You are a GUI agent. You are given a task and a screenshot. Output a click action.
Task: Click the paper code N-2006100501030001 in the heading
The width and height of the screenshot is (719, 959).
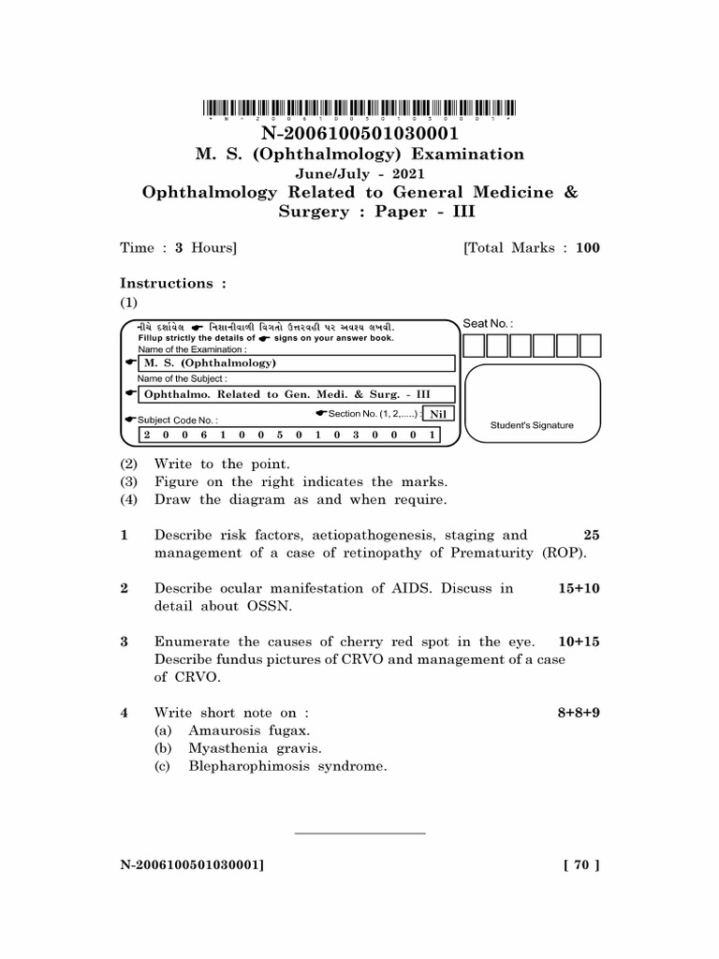tap(359, 134)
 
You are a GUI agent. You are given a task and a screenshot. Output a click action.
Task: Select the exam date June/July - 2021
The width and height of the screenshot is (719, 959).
tap(359, 173)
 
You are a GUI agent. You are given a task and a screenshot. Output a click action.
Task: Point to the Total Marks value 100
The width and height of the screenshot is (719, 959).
tap(588, 248)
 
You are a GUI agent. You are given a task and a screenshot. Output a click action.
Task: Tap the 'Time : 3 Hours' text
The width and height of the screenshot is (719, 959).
tap(178, 248)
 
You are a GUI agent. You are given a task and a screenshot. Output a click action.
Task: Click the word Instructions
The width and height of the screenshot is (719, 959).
tap(167, 283)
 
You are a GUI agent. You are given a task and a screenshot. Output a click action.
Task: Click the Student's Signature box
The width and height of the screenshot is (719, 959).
tap(532, 405)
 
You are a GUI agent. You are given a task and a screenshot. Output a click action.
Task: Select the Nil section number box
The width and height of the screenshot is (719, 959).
tap(437, 414)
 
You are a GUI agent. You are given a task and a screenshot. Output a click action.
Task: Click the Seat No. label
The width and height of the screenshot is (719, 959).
tap(489, 323)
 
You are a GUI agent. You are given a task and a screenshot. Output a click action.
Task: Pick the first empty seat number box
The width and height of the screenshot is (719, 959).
tap(475, 346)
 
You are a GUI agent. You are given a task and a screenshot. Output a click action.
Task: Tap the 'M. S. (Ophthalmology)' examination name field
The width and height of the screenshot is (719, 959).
tap(296, 362)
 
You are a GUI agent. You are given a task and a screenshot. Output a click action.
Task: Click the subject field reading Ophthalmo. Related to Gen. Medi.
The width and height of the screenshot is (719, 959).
tap(296, 394)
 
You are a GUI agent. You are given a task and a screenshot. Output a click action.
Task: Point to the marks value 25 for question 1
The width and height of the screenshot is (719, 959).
tap(591, 536)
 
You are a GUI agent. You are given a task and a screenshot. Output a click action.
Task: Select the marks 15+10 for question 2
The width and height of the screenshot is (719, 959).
tap(579, 588)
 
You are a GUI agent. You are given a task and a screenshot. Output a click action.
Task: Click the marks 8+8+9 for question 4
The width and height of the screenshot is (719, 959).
tap(579, 713)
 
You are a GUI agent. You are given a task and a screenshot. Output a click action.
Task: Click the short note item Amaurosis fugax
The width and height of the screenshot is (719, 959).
tap(249, 730)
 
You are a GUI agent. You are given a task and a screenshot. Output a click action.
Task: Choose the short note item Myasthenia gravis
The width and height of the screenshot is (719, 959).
tap(255, 748)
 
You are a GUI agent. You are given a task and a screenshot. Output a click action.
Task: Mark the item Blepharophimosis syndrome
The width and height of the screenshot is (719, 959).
tap(287, 766)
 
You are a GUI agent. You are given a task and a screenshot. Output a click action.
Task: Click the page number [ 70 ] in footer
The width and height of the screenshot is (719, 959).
tap(580, 866)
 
